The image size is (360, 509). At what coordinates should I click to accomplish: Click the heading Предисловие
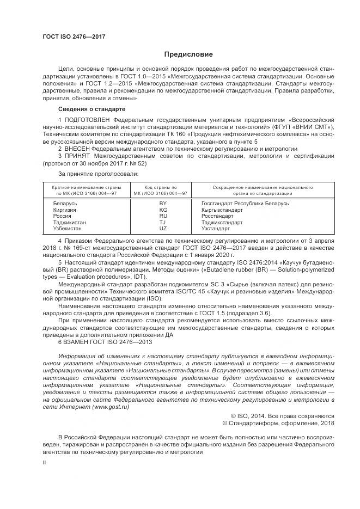pos(188,54)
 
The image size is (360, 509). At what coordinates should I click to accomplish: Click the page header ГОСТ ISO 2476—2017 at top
pos(74,36)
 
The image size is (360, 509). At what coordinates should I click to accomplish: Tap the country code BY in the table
pos(163,203)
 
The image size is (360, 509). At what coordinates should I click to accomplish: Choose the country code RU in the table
pos(163,216)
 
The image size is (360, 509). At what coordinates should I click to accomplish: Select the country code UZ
pos(163,228)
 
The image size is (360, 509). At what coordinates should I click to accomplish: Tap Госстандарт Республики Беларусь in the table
pos(245,203)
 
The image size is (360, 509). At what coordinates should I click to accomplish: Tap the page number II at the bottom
pos(44,463)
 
